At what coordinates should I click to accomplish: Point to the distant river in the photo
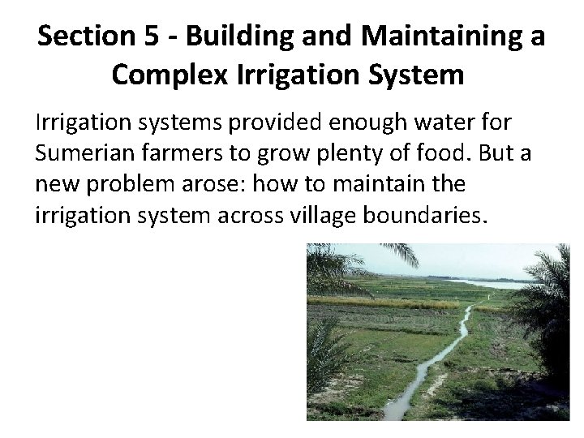point(492,284)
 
